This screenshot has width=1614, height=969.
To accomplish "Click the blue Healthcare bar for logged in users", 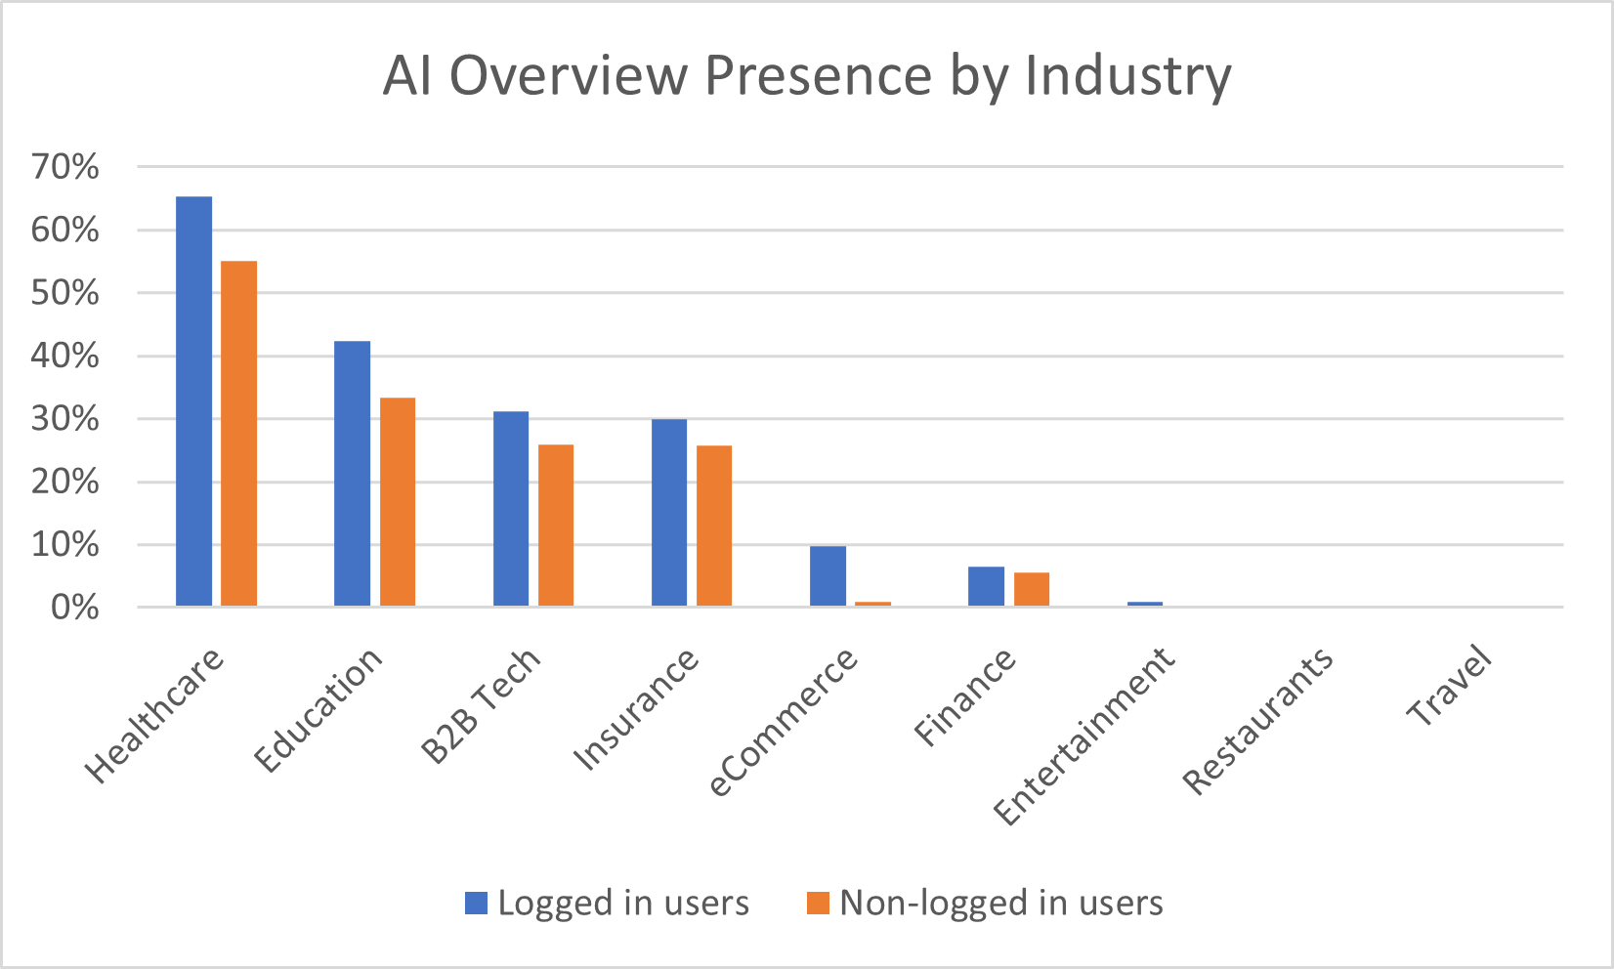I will click(x=193, y=401).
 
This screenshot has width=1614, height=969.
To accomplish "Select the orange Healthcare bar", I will click(x=238, y=434).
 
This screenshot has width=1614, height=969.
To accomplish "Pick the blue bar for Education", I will click(x=352, y=474).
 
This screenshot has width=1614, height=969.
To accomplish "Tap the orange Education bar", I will click(x=398, y=502).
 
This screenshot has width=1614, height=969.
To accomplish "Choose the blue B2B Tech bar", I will click(x=511, y=509).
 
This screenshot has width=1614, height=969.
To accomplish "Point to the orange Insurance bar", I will click(x=714, y=526).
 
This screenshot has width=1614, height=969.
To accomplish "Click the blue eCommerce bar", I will click(x=828, y=576).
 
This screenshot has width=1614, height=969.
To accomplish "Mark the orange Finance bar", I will click(x=1032, y=589).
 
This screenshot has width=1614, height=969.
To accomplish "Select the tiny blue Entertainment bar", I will click(x=1145, y=604).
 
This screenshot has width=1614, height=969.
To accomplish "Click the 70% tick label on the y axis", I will click(x=65, y=167).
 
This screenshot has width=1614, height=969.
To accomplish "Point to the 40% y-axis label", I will click(x=65, y=356).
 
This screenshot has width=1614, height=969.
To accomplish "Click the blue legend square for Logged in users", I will click(x=476, y=903).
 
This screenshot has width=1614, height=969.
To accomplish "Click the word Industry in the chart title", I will click(x=1128, y=75).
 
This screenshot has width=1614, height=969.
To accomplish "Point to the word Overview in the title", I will click(x=569, y=75).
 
